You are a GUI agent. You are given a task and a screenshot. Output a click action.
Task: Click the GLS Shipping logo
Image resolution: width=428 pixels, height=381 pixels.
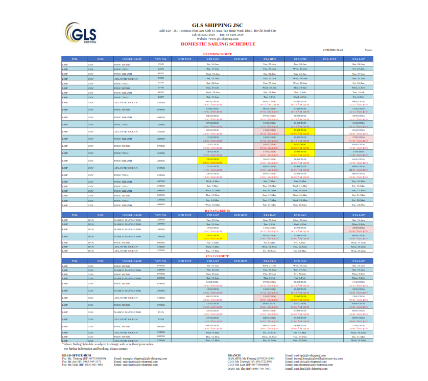click(82, 34)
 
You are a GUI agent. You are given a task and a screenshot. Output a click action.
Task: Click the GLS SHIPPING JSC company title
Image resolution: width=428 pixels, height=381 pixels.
click(214, 25)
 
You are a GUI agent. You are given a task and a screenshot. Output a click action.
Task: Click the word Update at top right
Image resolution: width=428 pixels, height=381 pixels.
click(369, 50)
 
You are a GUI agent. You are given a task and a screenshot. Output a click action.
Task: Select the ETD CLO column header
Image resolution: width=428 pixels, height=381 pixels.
click(300, 261)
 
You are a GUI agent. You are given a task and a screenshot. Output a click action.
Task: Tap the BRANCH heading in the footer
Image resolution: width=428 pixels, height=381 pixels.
click(234, 354)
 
